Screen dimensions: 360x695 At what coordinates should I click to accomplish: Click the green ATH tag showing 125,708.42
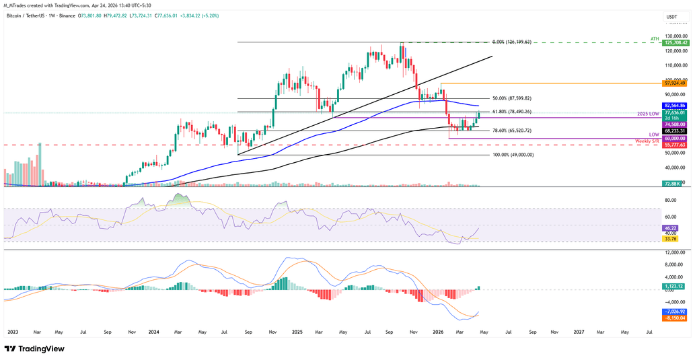pyautogui.click(x=675, y=42)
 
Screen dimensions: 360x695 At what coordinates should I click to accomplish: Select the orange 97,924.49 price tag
pyautogui.click(x=675, y=83)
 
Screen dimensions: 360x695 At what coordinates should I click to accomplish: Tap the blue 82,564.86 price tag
pyautogui.click(x=675, y=106)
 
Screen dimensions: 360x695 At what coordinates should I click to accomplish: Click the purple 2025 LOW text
pyautogui.click(x=647, y=115)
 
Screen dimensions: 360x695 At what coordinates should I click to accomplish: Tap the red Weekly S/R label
pyautogui.click(x=647, y=141)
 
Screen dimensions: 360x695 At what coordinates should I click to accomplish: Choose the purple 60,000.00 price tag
pyautogui.click(x=675, y=138)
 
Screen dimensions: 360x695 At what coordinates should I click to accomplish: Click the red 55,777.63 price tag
pyautogui.click(x=675, y=145)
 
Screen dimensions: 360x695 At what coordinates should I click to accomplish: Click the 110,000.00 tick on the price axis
pyautogui.click(x=675, y=65)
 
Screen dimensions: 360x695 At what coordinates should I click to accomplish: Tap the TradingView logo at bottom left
pyautogui.click(x=34, y=349)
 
